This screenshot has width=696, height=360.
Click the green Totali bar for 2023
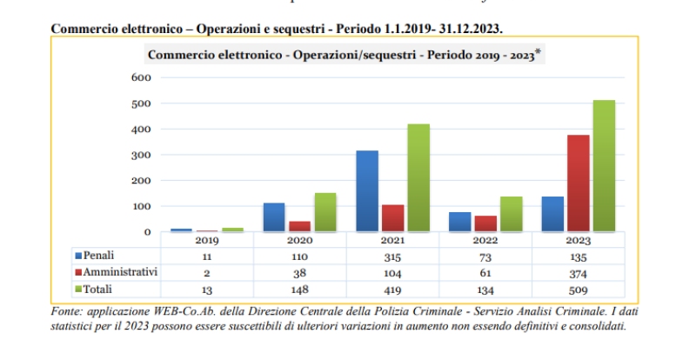(x=603, y=166)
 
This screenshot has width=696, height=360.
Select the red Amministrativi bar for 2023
(x=578, y=183)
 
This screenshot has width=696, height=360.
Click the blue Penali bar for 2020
(x=274, y=217)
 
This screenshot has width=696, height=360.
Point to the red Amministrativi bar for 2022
(x=485, y=223)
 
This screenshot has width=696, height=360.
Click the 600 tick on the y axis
(x=141, y=78)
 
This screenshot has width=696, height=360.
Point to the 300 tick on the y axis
(x=141, y=155)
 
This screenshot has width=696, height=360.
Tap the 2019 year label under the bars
(x=207, y=241)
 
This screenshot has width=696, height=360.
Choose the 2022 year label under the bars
(x=485, y=241)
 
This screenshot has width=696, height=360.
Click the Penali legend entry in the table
(x=97, y=256)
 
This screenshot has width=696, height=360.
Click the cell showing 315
(x=393, y=257)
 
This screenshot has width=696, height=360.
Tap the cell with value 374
(x=579, y=273)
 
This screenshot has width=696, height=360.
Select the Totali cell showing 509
(x=579, y=290)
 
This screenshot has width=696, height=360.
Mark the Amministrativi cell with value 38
(x=300, y=273)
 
